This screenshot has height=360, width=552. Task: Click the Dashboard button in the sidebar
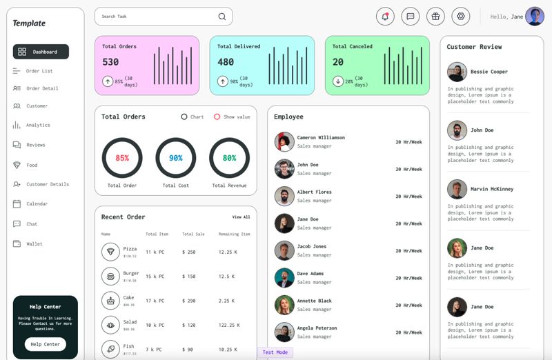coord(41,52)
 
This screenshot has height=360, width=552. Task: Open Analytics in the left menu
coord(38,125)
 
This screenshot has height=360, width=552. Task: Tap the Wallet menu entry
coord(34,243)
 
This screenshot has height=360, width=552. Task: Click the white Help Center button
coord(46,344)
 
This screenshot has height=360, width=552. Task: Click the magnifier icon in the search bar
coord(221,17)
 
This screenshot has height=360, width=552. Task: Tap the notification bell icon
coord(385,17)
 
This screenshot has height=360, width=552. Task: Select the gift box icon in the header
coord(435,17)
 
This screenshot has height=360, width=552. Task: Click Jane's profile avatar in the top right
coord(534,17)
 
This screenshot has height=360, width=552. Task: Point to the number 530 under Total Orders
coord(110,62)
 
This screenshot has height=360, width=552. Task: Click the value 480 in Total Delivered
coord(226,62)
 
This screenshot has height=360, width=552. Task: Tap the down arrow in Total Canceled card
coord(337,81)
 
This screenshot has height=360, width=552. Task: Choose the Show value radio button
coord(217,117)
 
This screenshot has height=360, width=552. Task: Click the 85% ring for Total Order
coord(122,158)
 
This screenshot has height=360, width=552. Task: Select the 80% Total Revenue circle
coord(229,158)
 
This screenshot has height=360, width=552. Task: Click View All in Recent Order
coord(241,217)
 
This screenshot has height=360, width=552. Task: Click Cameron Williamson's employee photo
coord(284,141)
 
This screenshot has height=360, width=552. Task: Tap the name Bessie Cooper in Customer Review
coord(489,72)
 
